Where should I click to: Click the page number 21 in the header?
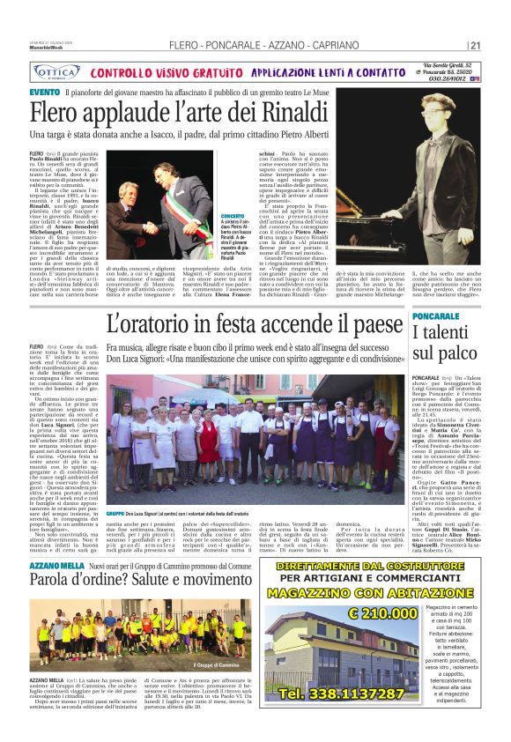475,45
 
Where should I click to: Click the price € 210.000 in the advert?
386,636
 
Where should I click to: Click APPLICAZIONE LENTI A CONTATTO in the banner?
328,72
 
